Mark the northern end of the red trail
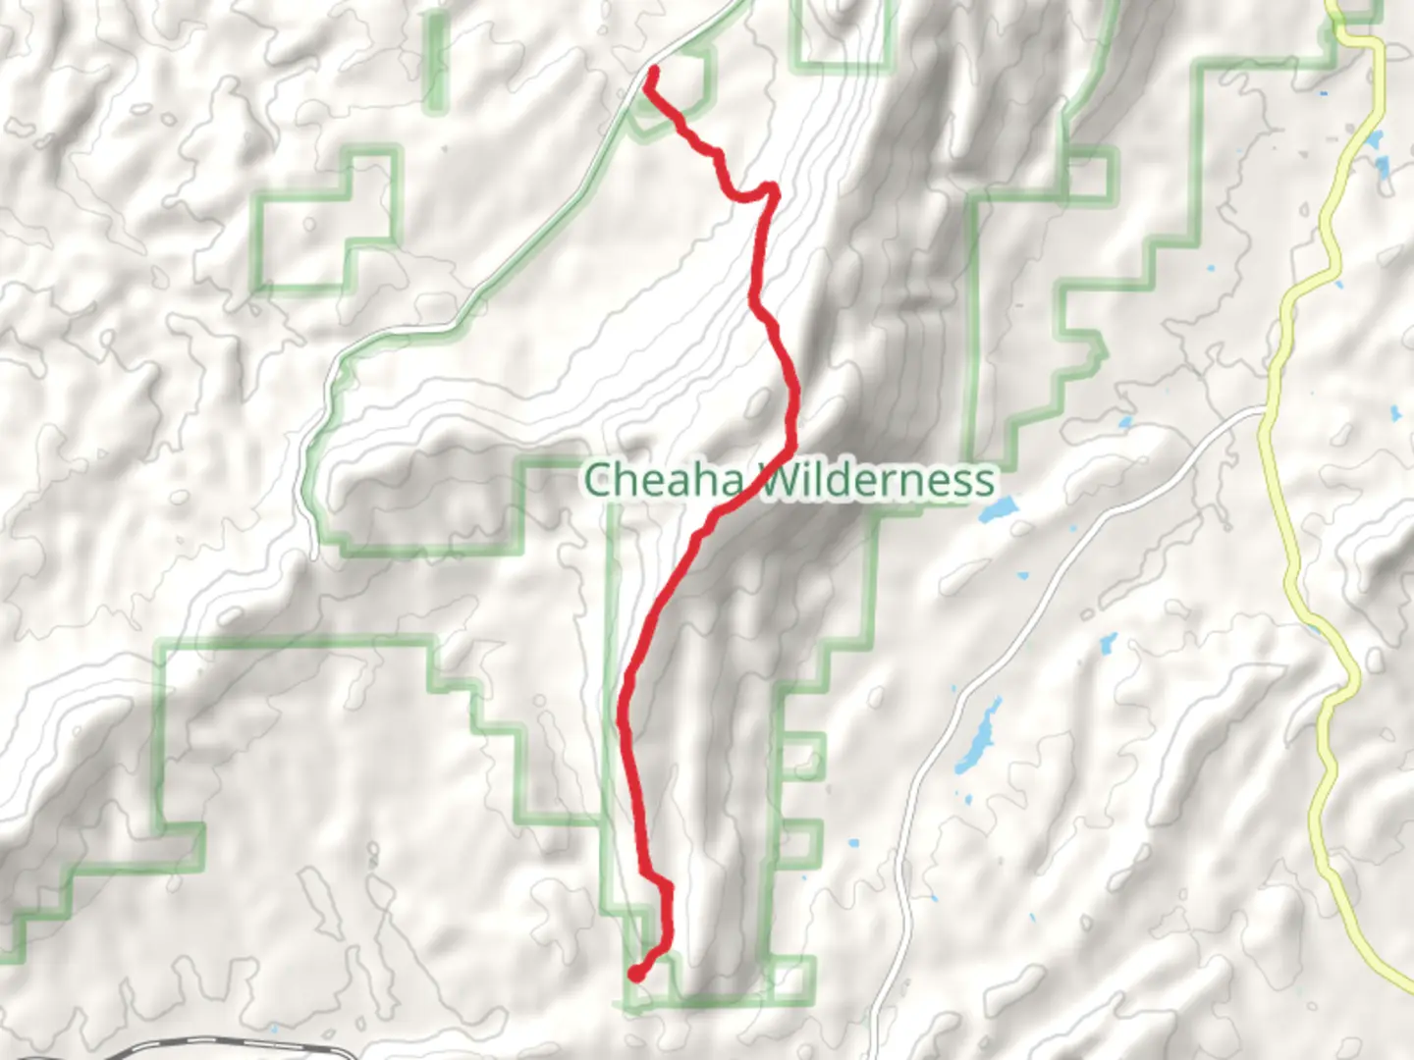pyautogui.click(x=652, y=71)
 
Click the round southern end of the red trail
pyautogui.click(x=636, y=974)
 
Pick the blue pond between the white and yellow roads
pyautogui.click(x=1109, y=644)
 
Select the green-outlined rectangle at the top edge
pyautogui.click(x=844, y=34)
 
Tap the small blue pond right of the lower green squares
pyautogui.click(x=850, y=842)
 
